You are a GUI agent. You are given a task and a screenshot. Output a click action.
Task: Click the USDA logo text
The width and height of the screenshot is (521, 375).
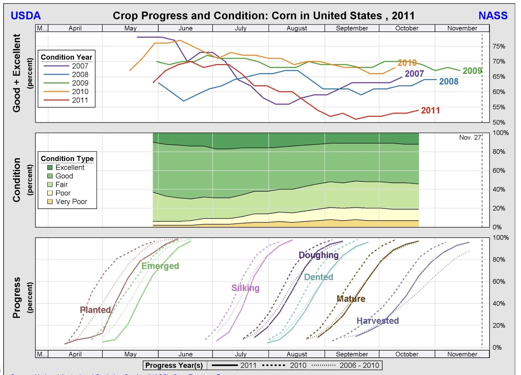(26, 16)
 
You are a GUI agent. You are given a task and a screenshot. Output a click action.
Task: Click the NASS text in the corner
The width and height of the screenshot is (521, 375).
(493, 16)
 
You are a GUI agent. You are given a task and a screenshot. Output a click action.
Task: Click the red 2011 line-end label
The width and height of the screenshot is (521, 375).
(430, 110)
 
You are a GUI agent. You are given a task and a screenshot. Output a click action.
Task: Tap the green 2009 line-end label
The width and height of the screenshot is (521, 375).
(472, 71)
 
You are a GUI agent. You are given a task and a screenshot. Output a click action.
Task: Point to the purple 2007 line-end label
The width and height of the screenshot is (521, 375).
(414, 74)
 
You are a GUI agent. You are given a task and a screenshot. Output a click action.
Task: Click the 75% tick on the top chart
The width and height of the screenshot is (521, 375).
(499, 46)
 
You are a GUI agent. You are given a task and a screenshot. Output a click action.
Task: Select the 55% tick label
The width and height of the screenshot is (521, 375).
(499, 107)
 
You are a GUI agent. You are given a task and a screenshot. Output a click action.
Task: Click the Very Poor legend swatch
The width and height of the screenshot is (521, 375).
(50, 202)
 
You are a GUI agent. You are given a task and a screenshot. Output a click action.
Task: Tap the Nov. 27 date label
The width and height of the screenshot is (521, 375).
(470, 137)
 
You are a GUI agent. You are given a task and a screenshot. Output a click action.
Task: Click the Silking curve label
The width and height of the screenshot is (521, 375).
(245, 288)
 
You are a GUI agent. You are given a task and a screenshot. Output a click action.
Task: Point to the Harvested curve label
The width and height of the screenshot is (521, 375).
(377, 321)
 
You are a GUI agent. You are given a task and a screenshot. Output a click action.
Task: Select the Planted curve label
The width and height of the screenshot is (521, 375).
(95, 310)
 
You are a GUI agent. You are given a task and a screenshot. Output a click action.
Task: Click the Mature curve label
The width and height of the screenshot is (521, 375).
(351, 299)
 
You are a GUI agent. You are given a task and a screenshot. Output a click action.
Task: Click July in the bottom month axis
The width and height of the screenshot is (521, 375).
(241, 354)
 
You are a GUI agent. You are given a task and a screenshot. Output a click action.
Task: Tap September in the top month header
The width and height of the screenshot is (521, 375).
(352, 28)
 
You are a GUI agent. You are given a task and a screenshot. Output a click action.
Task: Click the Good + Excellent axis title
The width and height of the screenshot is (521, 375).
(17, 73)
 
